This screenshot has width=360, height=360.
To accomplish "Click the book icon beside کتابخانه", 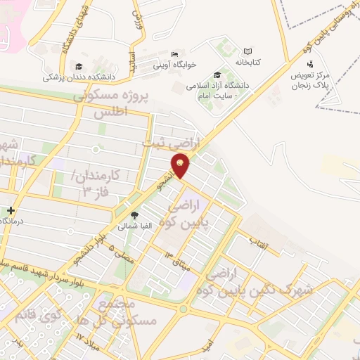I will point(247,51).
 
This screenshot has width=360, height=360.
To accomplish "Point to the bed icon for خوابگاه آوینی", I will point(175,55).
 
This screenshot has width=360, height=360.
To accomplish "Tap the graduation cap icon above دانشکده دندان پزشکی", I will point(78,66).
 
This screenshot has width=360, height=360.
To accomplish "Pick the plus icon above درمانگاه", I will point(11,210).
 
